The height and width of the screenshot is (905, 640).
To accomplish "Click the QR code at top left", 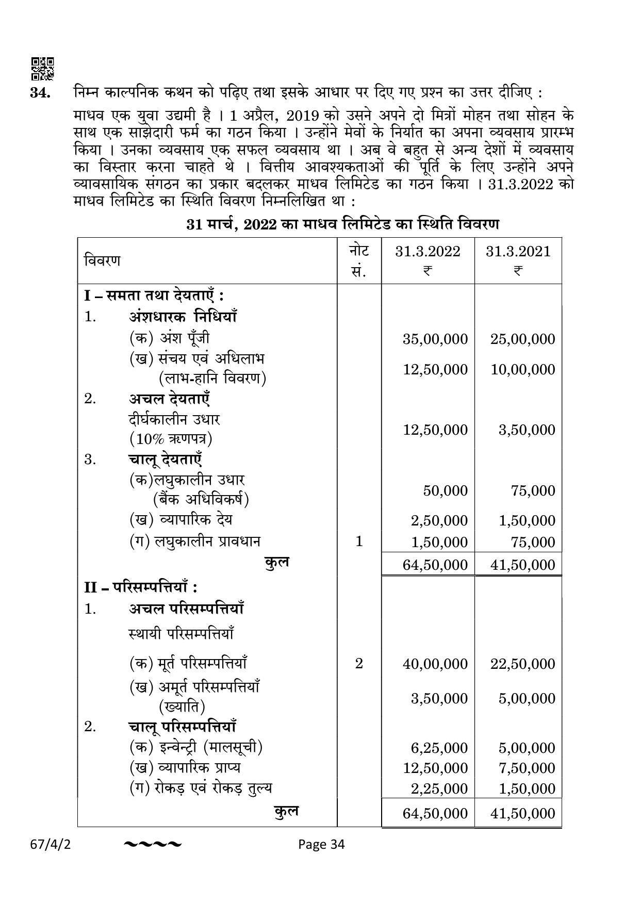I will pos(43,69).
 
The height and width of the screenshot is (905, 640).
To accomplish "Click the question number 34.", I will pos(40,93).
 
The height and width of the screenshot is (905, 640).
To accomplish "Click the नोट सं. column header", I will pos(359,260).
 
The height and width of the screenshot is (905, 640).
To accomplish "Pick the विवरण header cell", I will pos(102,260).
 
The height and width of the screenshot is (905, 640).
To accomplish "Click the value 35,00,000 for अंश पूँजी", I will pos(435,339).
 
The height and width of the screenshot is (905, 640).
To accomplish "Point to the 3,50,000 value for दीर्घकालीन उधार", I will pos(527,430).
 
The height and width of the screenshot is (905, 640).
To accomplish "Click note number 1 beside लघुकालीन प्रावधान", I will pos(359,541).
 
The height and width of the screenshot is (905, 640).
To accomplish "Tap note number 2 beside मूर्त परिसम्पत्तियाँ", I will pos(359,663).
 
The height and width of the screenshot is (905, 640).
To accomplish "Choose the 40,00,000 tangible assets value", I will pos(435,664).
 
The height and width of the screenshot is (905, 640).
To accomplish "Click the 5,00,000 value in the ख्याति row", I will pos(527,698).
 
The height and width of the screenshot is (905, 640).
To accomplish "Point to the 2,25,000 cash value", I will pos(439,788).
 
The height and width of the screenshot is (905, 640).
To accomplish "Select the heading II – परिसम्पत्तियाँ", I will pos(141,587).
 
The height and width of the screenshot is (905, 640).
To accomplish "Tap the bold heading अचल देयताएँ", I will pos(169,399).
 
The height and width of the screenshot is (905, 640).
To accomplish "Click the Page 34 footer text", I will pos(321,844).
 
